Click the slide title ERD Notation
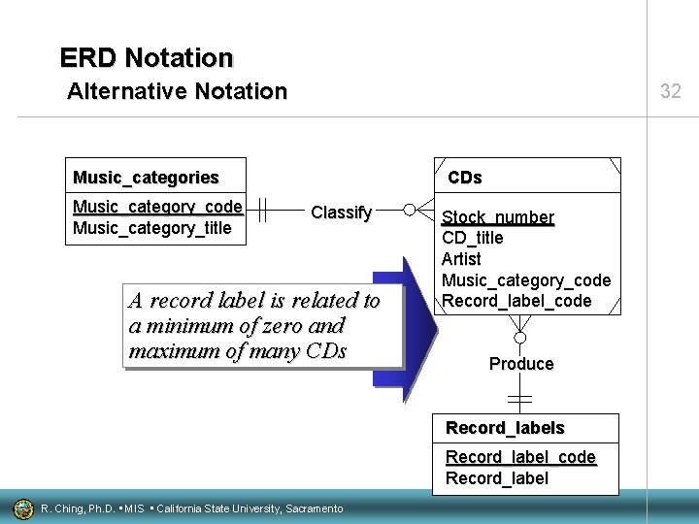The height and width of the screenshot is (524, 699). click(x=147, y=58)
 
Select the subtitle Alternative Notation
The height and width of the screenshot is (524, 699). click(x=178, y=92)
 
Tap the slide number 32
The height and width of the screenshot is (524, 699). click(x=671, y=92)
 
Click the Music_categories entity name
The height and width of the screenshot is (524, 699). click(x=146, y=178)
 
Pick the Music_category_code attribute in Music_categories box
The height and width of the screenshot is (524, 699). click(x=157, y=207)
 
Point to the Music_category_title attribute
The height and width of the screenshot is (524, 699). click(x=152, y=228)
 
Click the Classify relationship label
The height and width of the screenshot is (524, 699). click(x=341, y=213)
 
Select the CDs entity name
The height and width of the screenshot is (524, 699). click(x=464, y=178)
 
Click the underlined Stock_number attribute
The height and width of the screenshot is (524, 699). click(x=498, y=217)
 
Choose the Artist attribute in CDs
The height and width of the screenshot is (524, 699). click(x=461, y=259)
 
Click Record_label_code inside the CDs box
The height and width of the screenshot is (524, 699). click(x=516, y=301)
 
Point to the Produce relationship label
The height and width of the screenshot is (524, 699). click(x=521, y=364)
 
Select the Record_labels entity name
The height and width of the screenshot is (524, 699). click(x=505, y=428)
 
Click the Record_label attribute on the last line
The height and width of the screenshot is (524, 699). click(x=497, y=477)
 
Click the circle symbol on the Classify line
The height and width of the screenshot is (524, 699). click(x=410, y=210)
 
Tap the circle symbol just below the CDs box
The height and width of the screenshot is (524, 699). click(x=520, y=338)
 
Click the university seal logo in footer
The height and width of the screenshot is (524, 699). click(x=22, y=508)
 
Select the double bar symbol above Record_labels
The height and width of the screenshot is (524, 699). click(x=520, y=400)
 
